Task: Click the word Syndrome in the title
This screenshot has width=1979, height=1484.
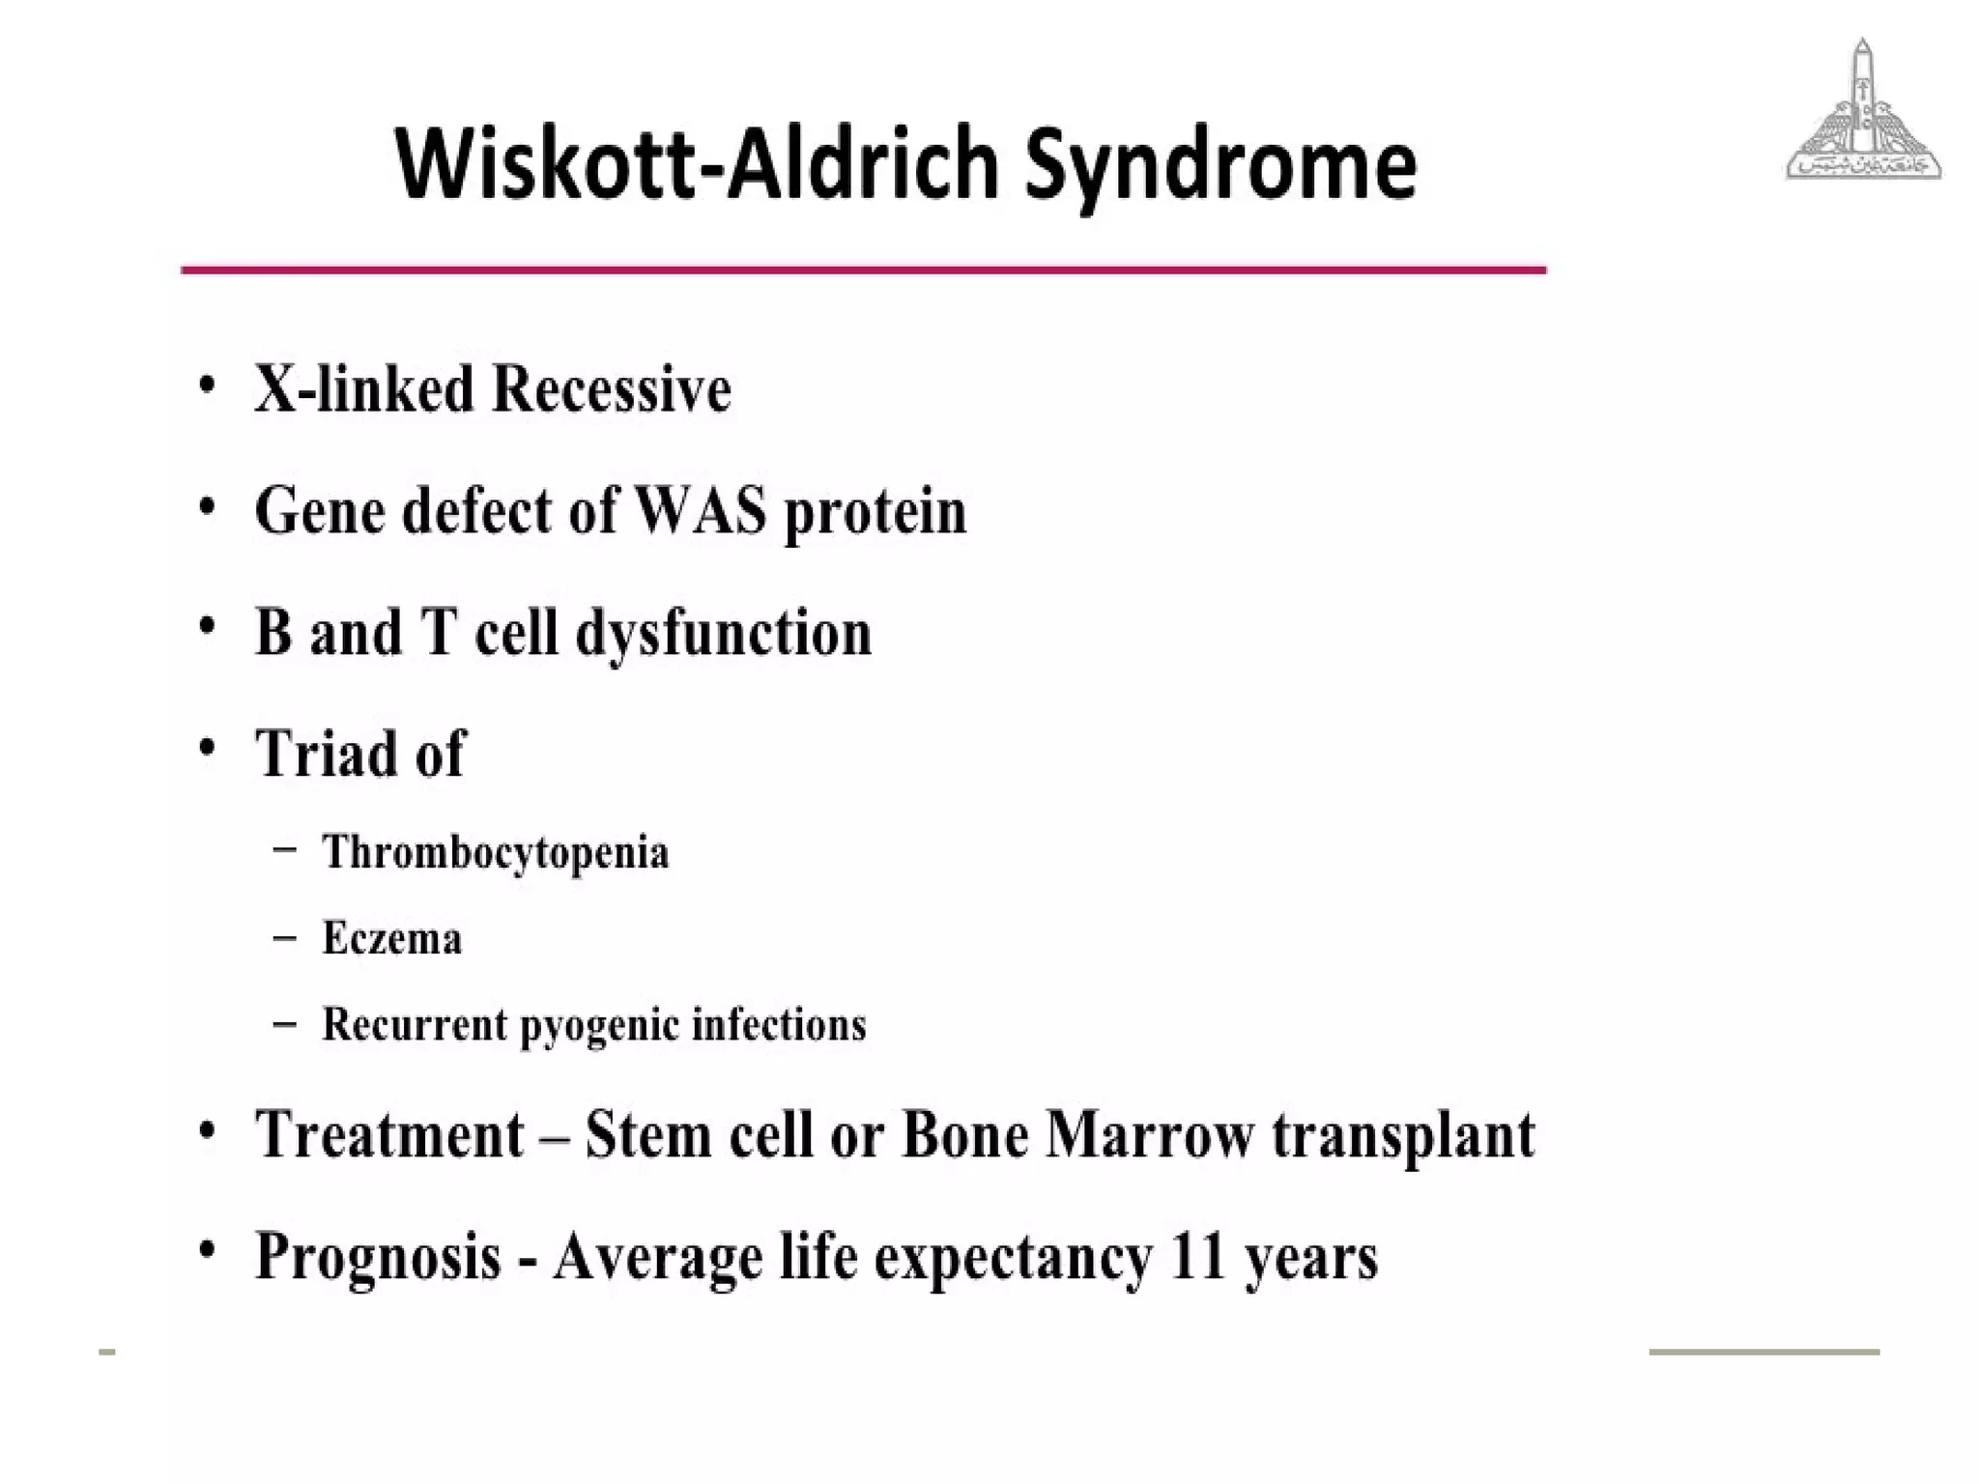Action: pos(1219,166)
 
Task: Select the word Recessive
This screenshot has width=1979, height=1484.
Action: pos(612,389)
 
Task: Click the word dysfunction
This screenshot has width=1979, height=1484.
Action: pos(724,634)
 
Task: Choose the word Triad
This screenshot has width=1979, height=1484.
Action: pos(327,753)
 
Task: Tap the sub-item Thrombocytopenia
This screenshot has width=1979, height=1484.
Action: pos(495,852)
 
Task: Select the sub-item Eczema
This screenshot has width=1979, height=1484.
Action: pos(391,938)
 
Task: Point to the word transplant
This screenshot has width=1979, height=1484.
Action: pos(1403,1135)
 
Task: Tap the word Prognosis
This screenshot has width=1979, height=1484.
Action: pos(378,1257)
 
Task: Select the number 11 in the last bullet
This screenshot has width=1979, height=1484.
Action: pos(1196,1255)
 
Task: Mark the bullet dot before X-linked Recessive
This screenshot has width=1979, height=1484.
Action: pos(206,385)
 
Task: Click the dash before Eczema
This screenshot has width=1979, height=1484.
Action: pos(284,937)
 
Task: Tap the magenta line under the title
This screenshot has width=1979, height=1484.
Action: pos(863,270)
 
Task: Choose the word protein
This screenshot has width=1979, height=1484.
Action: pos(875,512)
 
